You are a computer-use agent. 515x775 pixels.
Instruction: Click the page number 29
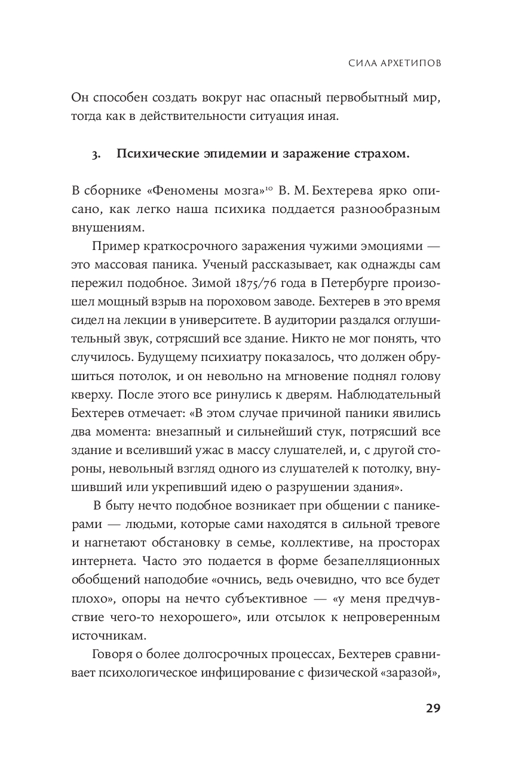click(x=433, y=708)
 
